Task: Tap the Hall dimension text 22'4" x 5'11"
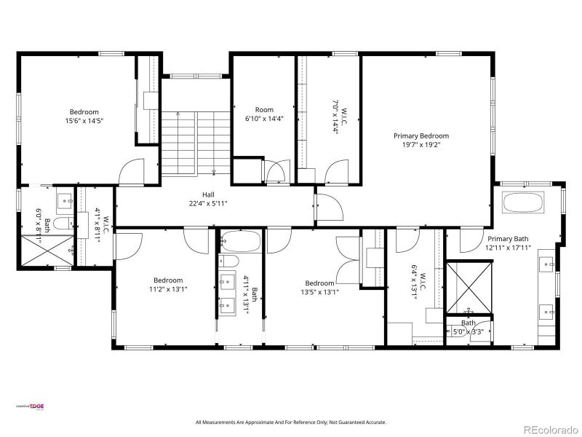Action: [209, 204]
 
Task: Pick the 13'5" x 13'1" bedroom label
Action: [319, 283]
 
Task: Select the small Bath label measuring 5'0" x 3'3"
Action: [469, 323]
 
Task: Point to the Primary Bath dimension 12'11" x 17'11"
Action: [509, 248]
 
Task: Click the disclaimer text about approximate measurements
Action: [291, 422]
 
